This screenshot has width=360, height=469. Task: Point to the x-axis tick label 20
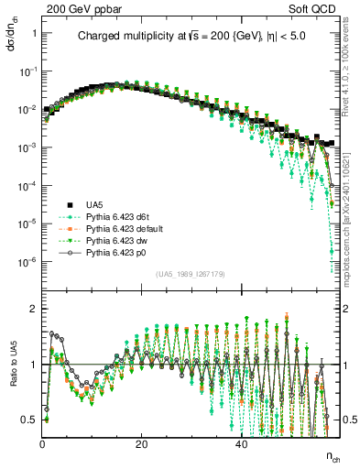pos(141,444)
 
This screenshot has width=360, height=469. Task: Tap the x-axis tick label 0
pos(43,444)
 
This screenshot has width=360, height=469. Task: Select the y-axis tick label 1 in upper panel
pos(35,33)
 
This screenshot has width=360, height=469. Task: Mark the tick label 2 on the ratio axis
pos(35,309)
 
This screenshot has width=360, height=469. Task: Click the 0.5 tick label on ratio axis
pos(31,420)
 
